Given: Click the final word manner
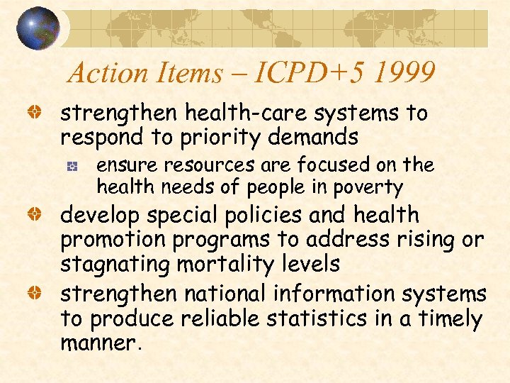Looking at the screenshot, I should click(x=99, y=343).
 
